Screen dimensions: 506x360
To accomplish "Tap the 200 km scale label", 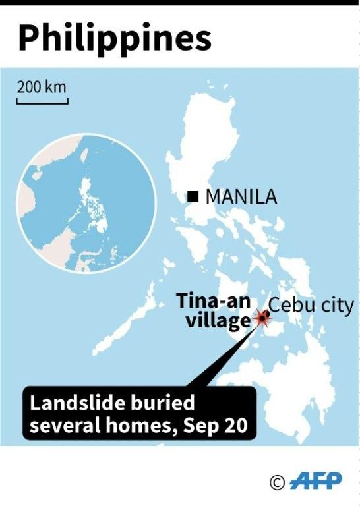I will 42,87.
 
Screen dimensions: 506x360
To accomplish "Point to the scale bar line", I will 42,101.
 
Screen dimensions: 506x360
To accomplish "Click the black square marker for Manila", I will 193,196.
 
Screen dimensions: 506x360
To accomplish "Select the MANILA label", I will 241,196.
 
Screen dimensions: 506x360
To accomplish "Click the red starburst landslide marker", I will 262,320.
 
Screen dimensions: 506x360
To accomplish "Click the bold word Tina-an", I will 213,302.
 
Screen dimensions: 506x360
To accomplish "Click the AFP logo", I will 316,481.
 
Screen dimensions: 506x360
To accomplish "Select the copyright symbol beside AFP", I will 277,482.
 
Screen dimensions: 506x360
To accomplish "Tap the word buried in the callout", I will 159,403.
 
